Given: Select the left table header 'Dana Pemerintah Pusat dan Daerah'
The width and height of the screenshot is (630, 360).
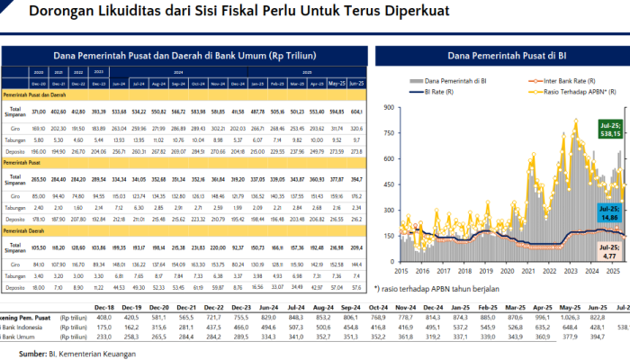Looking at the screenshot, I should coord(184,55).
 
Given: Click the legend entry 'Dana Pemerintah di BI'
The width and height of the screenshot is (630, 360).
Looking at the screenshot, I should coord(454,81).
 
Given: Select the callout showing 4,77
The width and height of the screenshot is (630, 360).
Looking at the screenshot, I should coord(611,250).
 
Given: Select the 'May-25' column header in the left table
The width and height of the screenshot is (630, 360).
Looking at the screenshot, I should coord(337,85).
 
